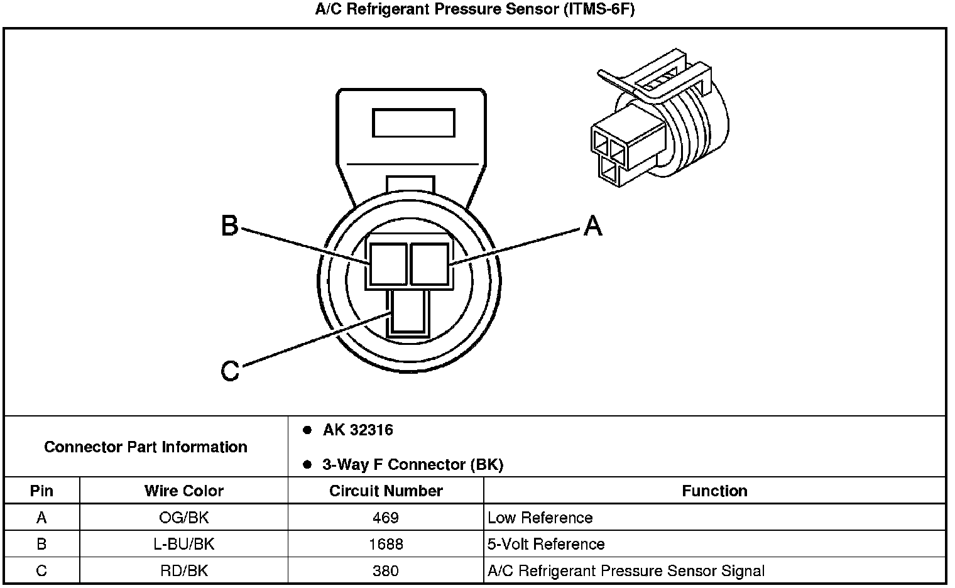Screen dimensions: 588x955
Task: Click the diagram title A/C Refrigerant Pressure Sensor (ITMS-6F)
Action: [x=475, y=10]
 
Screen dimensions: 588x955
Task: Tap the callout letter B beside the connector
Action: [x=230, y=225]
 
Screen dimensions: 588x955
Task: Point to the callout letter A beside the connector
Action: [x=592, y=225]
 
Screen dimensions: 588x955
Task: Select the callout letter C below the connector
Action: [x=230, y=371]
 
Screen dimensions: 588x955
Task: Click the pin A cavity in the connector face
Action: [x=429, y=264]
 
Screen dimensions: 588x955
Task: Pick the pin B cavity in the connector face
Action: [x=388, y=264]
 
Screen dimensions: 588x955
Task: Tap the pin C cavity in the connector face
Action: [x=409, y=312]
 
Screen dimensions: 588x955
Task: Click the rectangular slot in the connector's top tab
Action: [x=413, y=122]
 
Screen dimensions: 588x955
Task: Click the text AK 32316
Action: [x=357, y=430]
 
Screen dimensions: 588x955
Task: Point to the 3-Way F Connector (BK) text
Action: [x=412, y=465]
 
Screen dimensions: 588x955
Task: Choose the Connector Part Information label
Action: [x=146, y=447]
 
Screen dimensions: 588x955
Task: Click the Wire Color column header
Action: [x=183, y=491]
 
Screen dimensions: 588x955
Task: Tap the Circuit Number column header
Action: [x=386, y=491]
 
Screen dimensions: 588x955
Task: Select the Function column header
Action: [x=714, y=491]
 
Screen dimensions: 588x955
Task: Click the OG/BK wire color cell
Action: [x=183, y=518]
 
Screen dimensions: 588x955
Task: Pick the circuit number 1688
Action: [x=386, y=544]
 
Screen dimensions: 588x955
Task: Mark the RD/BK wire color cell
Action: [x=183, y=571]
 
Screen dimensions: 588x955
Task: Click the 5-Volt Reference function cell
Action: [x=545, y=544]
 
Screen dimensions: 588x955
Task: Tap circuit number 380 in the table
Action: [x=386, y=571]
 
